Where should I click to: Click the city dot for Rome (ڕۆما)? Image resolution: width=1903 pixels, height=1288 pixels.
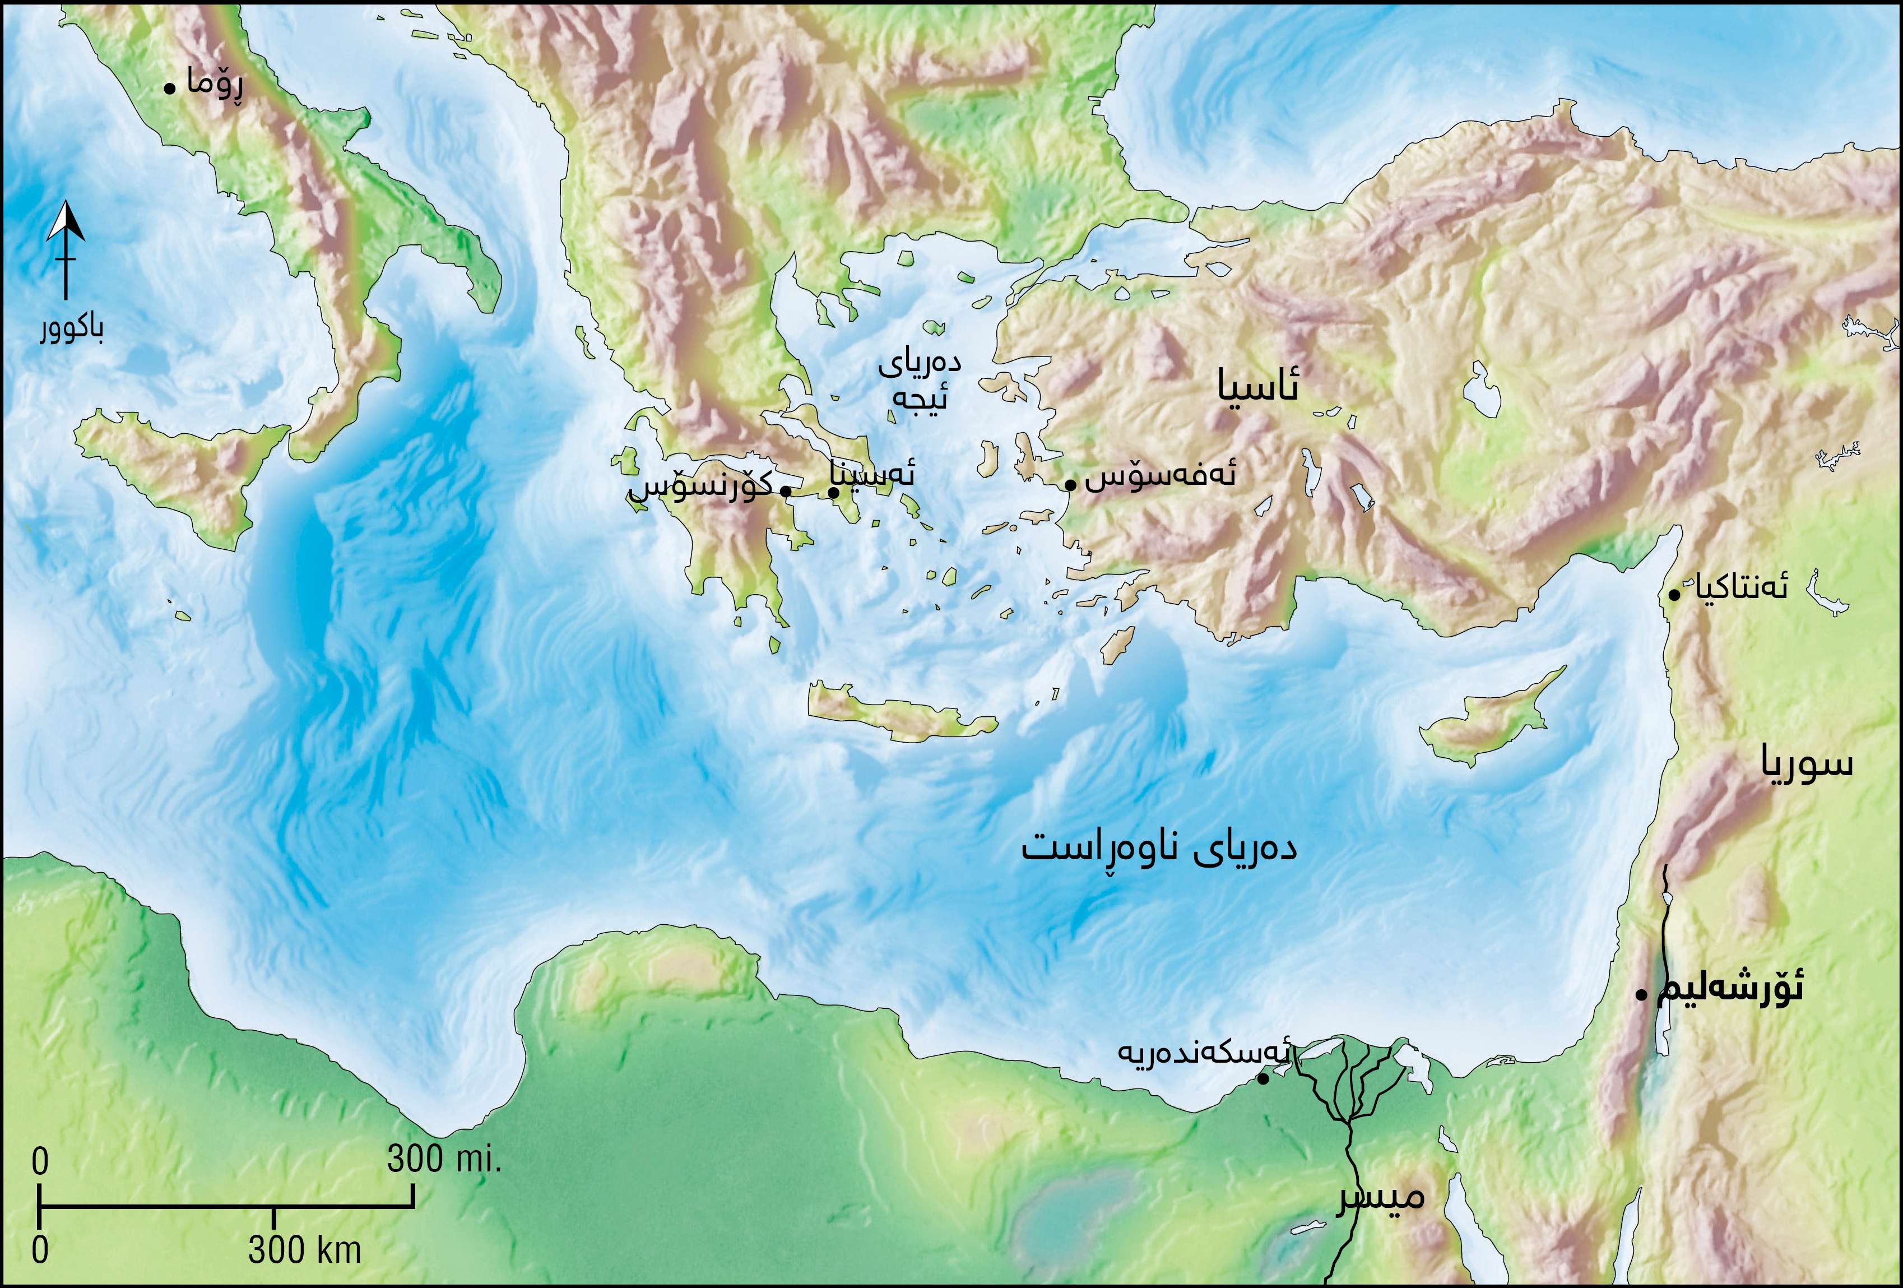pyautogui.click(x=169, y=87)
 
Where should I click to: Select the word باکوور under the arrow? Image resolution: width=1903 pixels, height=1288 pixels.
pyautogui.click(x=72, y=328)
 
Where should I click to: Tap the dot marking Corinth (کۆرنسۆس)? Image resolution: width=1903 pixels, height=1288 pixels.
pyautogui.click(x=785, y=492)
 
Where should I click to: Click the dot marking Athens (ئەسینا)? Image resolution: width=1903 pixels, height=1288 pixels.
pyautogui.click(x=833, y=492)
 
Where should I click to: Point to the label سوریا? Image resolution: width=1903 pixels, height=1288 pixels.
pyautogui.click(x=1807, y=764)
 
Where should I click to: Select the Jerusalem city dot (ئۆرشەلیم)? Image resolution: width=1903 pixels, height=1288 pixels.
pyautogui.click(x=1641, y=995)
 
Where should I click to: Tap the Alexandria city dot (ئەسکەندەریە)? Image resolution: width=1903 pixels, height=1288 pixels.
pyautogui.click(x=1263, y=1079)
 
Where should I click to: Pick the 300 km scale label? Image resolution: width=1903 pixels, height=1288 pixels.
pyautogui.click(x=305, y=1249)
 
